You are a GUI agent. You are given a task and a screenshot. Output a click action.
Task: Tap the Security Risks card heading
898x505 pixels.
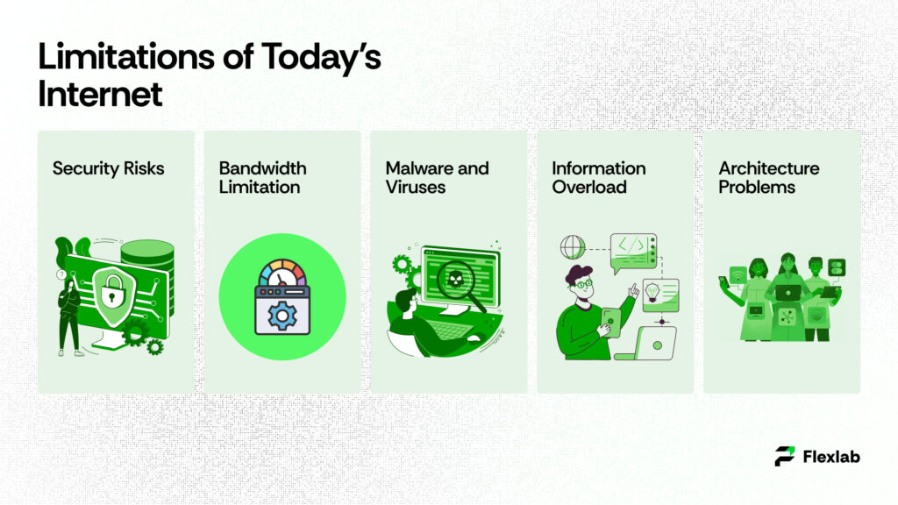pyautogui.click(x=108, y=168)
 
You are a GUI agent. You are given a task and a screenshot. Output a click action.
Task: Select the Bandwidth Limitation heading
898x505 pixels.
pyautogui.click(x=262, y=177)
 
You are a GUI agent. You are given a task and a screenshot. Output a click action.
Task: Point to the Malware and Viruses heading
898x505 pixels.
pyautogui.click(x=437, y=177)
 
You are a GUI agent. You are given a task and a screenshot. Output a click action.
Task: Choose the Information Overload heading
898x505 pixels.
pyautogui.click(x=599, y=177)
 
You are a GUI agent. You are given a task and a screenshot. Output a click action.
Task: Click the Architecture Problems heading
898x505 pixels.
pyautogui.click(x=769, y=177)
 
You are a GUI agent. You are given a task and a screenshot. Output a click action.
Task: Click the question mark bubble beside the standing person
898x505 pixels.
pyautogui.click(x=61, y=274)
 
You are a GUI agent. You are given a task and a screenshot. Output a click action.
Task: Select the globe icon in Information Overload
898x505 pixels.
pyautogui.click(x=572, y=246)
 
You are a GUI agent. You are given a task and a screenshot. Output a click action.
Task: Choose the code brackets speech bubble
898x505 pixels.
pyautogui.click(x=633, y=248)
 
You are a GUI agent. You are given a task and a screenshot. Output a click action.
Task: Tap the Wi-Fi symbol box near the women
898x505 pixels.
pyautogui.click(x=737, y=274)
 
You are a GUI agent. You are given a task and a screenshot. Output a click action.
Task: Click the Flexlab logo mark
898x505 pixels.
pyautogui.click(x=786, y=456)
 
